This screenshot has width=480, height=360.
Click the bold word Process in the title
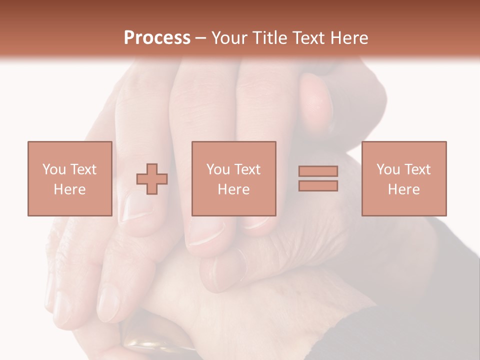pyautogui.click(x=157, y=38)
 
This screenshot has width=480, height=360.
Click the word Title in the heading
pyautogui.click(x=270, y=38)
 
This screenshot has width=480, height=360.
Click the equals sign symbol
pyautogui.click(x=318, y=178)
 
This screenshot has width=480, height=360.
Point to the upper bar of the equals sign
pyautogui.click(x=318, y=171)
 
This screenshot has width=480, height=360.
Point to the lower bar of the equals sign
pyautogui.click(x=318, y=186)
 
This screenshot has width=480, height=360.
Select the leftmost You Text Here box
pyautogui.click(x=69, y=178)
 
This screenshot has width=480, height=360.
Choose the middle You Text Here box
pyautogui.click(x=233, y=178)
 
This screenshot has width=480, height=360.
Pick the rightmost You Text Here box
pyautogui.click(x=404, y=178)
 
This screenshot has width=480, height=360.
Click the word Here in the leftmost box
pyautogui.click(x=69, y=189)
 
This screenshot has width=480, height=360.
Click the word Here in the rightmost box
pyautogui.click(x=404, y=189)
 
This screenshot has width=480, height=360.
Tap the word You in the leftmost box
pyautogui.click(x=54, y=169)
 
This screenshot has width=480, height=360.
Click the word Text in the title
pyautogui.click(x=308, y=38)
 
